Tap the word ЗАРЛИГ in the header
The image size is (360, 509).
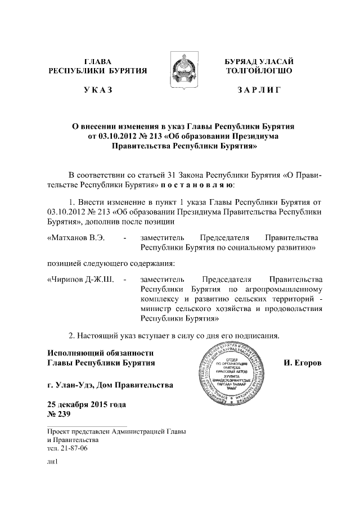pos(259,90)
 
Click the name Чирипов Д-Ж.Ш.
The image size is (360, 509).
pos(82,278)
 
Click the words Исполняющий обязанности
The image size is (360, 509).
pos(100,353)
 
